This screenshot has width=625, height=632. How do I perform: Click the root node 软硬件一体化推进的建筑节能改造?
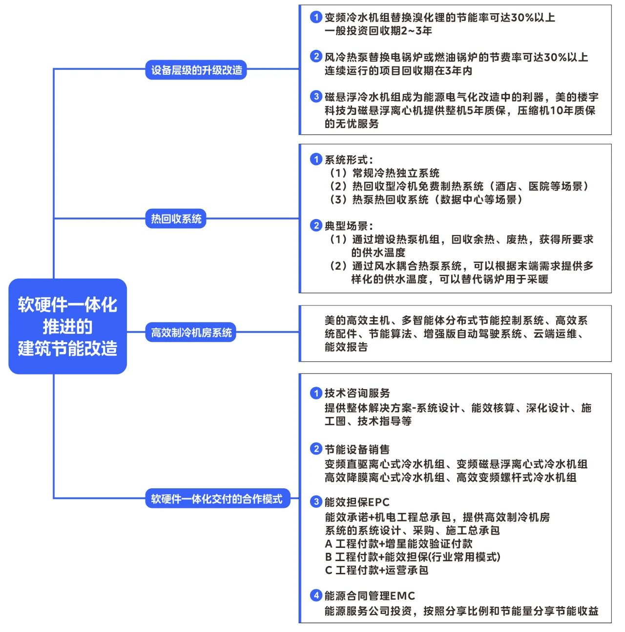(x=67, y=326)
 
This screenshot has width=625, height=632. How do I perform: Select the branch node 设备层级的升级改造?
(x=196, y=69)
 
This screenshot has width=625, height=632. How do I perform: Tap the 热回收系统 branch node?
(x=176, y=218)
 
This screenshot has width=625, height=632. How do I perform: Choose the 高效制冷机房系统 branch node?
(x=191, y=332)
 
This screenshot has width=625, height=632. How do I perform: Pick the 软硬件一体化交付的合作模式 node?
(x=218, y=498)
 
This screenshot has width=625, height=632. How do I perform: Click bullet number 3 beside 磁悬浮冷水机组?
(x=316, y=96)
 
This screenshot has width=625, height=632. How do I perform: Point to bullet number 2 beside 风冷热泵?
(x=316, y=56)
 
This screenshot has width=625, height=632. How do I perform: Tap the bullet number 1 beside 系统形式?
(x=316, y=159)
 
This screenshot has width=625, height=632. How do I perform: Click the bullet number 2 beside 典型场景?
(x=316, y=225)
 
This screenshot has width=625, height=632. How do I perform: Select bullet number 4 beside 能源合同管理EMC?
(x=316, y=595)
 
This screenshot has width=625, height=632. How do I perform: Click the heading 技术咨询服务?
(x=357, y=393)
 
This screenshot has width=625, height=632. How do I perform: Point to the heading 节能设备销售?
(x=357, y=449)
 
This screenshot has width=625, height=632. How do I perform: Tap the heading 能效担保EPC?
(x=357, y=502)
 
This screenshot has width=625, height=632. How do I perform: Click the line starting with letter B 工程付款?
(x=413, y=557)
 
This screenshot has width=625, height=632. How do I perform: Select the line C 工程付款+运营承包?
(x=376, y=570)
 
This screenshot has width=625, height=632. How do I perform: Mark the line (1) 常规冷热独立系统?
(x=385, y=173)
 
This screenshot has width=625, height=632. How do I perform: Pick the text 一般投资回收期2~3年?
(x=378, y=30)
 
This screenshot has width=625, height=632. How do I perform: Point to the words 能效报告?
(x=346, y=347)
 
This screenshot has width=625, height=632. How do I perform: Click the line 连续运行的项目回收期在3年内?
(x=398, y=70)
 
